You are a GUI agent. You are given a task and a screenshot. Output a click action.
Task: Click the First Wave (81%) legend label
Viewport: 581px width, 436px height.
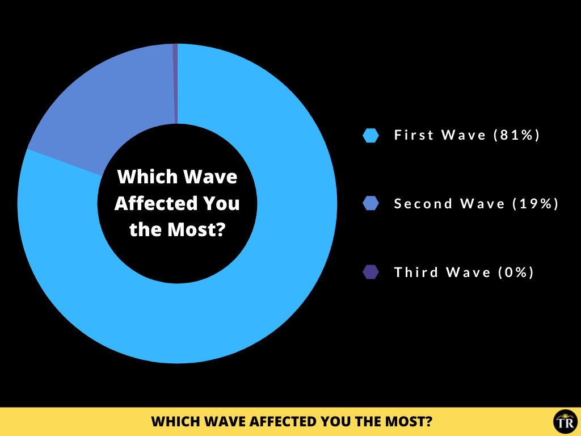tap(467, 135)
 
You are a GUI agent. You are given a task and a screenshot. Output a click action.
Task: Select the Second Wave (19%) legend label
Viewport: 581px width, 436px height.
tap(476, 204)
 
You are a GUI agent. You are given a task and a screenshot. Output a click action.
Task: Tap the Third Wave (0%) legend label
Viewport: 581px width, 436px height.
tap(464, 272)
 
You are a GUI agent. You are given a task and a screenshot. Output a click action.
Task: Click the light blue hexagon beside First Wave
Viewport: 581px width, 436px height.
tap(371, 135)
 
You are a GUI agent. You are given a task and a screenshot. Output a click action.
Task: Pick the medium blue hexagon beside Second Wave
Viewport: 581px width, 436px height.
tap(371, 203)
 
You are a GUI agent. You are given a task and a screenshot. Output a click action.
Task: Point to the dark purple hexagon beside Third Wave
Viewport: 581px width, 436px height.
tap(371, 272)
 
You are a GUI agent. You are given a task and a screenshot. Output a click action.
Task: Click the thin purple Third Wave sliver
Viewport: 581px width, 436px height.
tap(175, 83)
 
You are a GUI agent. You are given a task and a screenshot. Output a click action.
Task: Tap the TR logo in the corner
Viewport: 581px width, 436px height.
tap(566, 422)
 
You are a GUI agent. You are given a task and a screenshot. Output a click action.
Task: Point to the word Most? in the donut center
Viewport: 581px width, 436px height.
tap(196, 229)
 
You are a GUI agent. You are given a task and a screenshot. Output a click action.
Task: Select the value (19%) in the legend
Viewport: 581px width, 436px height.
tap(536, 204)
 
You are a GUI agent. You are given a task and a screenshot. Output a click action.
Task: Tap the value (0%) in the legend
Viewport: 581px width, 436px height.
tap(516, 272)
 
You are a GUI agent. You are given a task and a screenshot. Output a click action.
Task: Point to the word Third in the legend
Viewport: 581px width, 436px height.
tap(416, 272)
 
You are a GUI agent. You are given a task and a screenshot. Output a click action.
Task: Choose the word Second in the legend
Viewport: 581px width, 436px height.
tap(423, 204)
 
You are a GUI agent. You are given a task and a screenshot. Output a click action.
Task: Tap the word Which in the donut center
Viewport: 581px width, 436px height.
tap(148, 177)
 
